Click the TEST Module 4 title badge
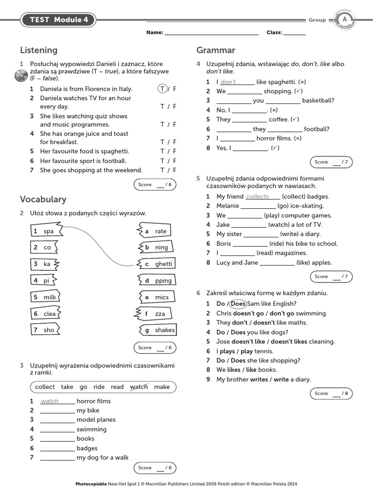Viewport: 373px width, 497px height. point(58,20)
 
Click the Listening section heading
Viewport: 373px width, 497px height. point(38,50)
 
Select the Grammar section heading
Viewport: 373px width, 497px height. point(216,50)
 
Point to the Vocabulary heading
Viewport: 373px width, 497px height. point(43,199)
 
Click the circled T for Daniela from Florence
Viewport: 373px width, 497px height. point(162,89)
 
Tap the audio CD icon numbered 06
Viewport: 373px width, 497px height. point(21,76)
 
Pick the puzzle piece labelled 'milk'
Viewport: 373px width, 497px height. point(45,297)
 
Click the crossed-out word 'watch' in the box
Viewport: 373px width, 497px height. point(139,387)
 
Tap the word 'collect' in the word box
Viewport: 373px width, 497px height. point(45,387)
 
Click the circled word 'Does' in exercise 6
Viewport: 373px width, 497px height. point(238,304)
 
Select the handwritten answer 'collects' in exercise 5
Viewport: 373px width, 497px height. point(257,197)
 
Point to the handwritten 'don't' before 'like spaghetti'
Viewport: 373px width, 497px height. point(228,82)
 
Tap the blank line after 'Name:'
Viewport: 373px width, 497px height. point(212,33)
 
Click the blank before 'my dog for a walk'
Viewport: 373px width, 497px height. point(57,458)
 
